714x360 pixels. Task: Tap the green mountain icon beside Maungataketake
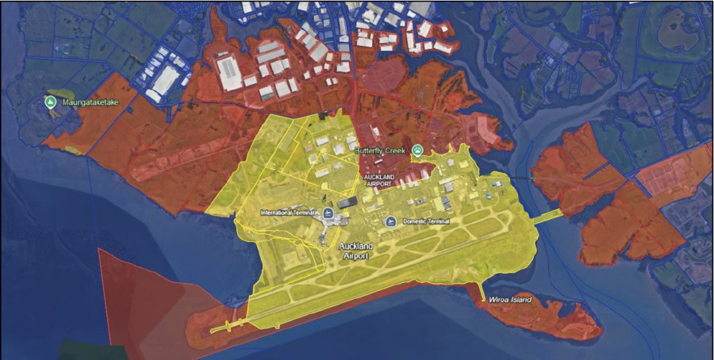point(50,101)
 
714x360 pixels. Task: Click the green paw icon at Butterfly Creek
point(416,151)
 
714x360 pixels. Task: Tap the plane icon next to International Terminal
point(328,213)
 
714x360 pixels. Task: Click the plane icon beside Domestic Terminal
point(390,221)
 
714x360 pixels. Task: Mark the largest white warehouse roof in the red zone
point(230,72)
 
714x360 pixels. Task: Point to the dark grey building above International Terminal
point(347,203)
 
